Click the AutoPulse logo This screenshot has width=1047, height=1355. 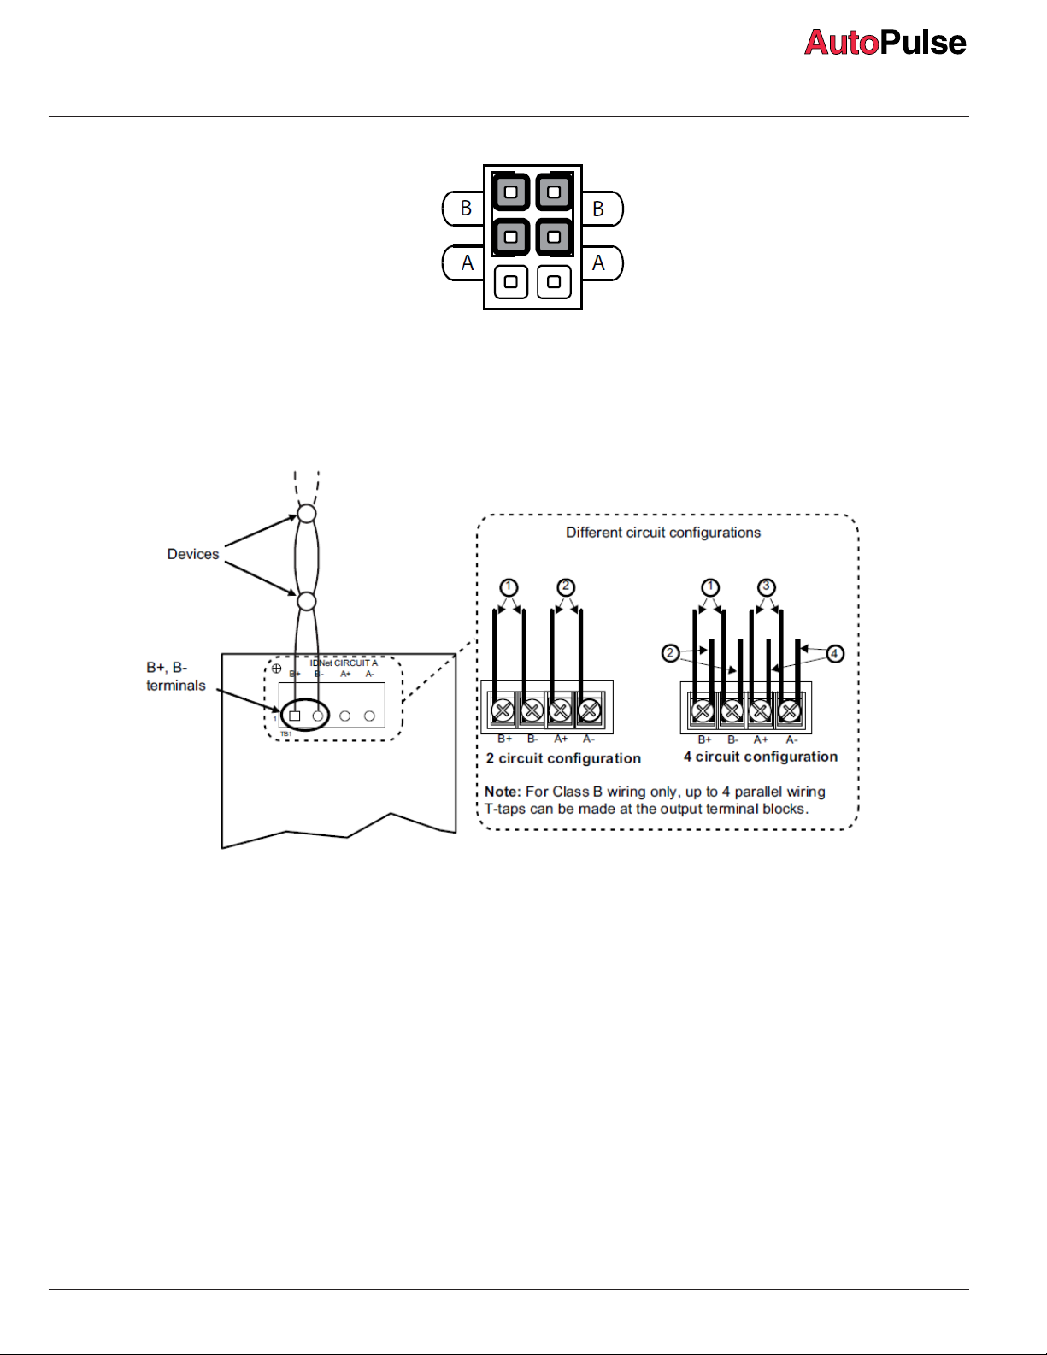pyautogui.click(x=885, y=43)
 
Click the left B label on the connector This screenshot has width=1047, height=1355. pyautogui.click(x=466, y=209)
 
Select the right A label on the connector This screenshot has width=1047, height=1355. pyautogui.click(x=598, y=263)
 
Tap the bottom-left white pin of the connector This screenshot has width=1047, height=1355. pyautogui.click(x=511, y=281)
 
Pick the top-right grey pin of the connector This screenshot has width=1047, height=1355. pyautogui.click(x=554, y=191)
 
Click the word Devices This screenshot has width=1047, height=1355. pyautogui.click(x=193, y=554)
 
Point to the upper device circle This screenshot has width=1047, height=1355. pyautogui.click(x=307, y=514)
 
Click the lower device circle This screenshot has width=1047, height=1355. pyautogui.click(x=307, y=601)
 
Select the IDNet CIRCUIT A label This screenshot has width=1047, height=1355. pyautogui.click(x=344, y=663)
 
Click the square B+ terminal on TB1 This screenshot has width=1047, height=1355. pyautogui.click(x=295, y=716)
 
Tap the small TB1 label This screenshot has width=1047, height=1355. pyautogui.click(x=286, y=734)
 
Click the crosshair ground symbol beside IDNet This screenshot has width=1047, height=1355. pyautogui.click(x=276, y=669)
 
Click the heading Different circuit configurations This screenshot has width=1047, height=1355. pyautogui.click(x=663, y=533)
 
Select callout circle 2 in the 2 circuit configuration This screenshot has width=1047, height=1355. pyautogui.click(x=566, y=587)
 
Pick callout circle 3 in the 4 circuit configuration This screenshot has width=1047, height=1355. pyautogui.click(x=767, y=587)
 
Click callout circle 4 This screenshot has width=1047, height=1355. pyautogui.click(x=835, y=654)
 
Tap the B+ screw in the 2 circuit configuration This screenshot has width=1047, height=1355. pyautogui.click(x=503, y=710)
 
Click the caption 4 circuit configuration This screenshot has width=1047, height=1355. pyautogui.click(x=761, y=757)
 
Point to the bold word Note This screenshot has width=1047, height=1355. pyautogui.click(x=502, y=792)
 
